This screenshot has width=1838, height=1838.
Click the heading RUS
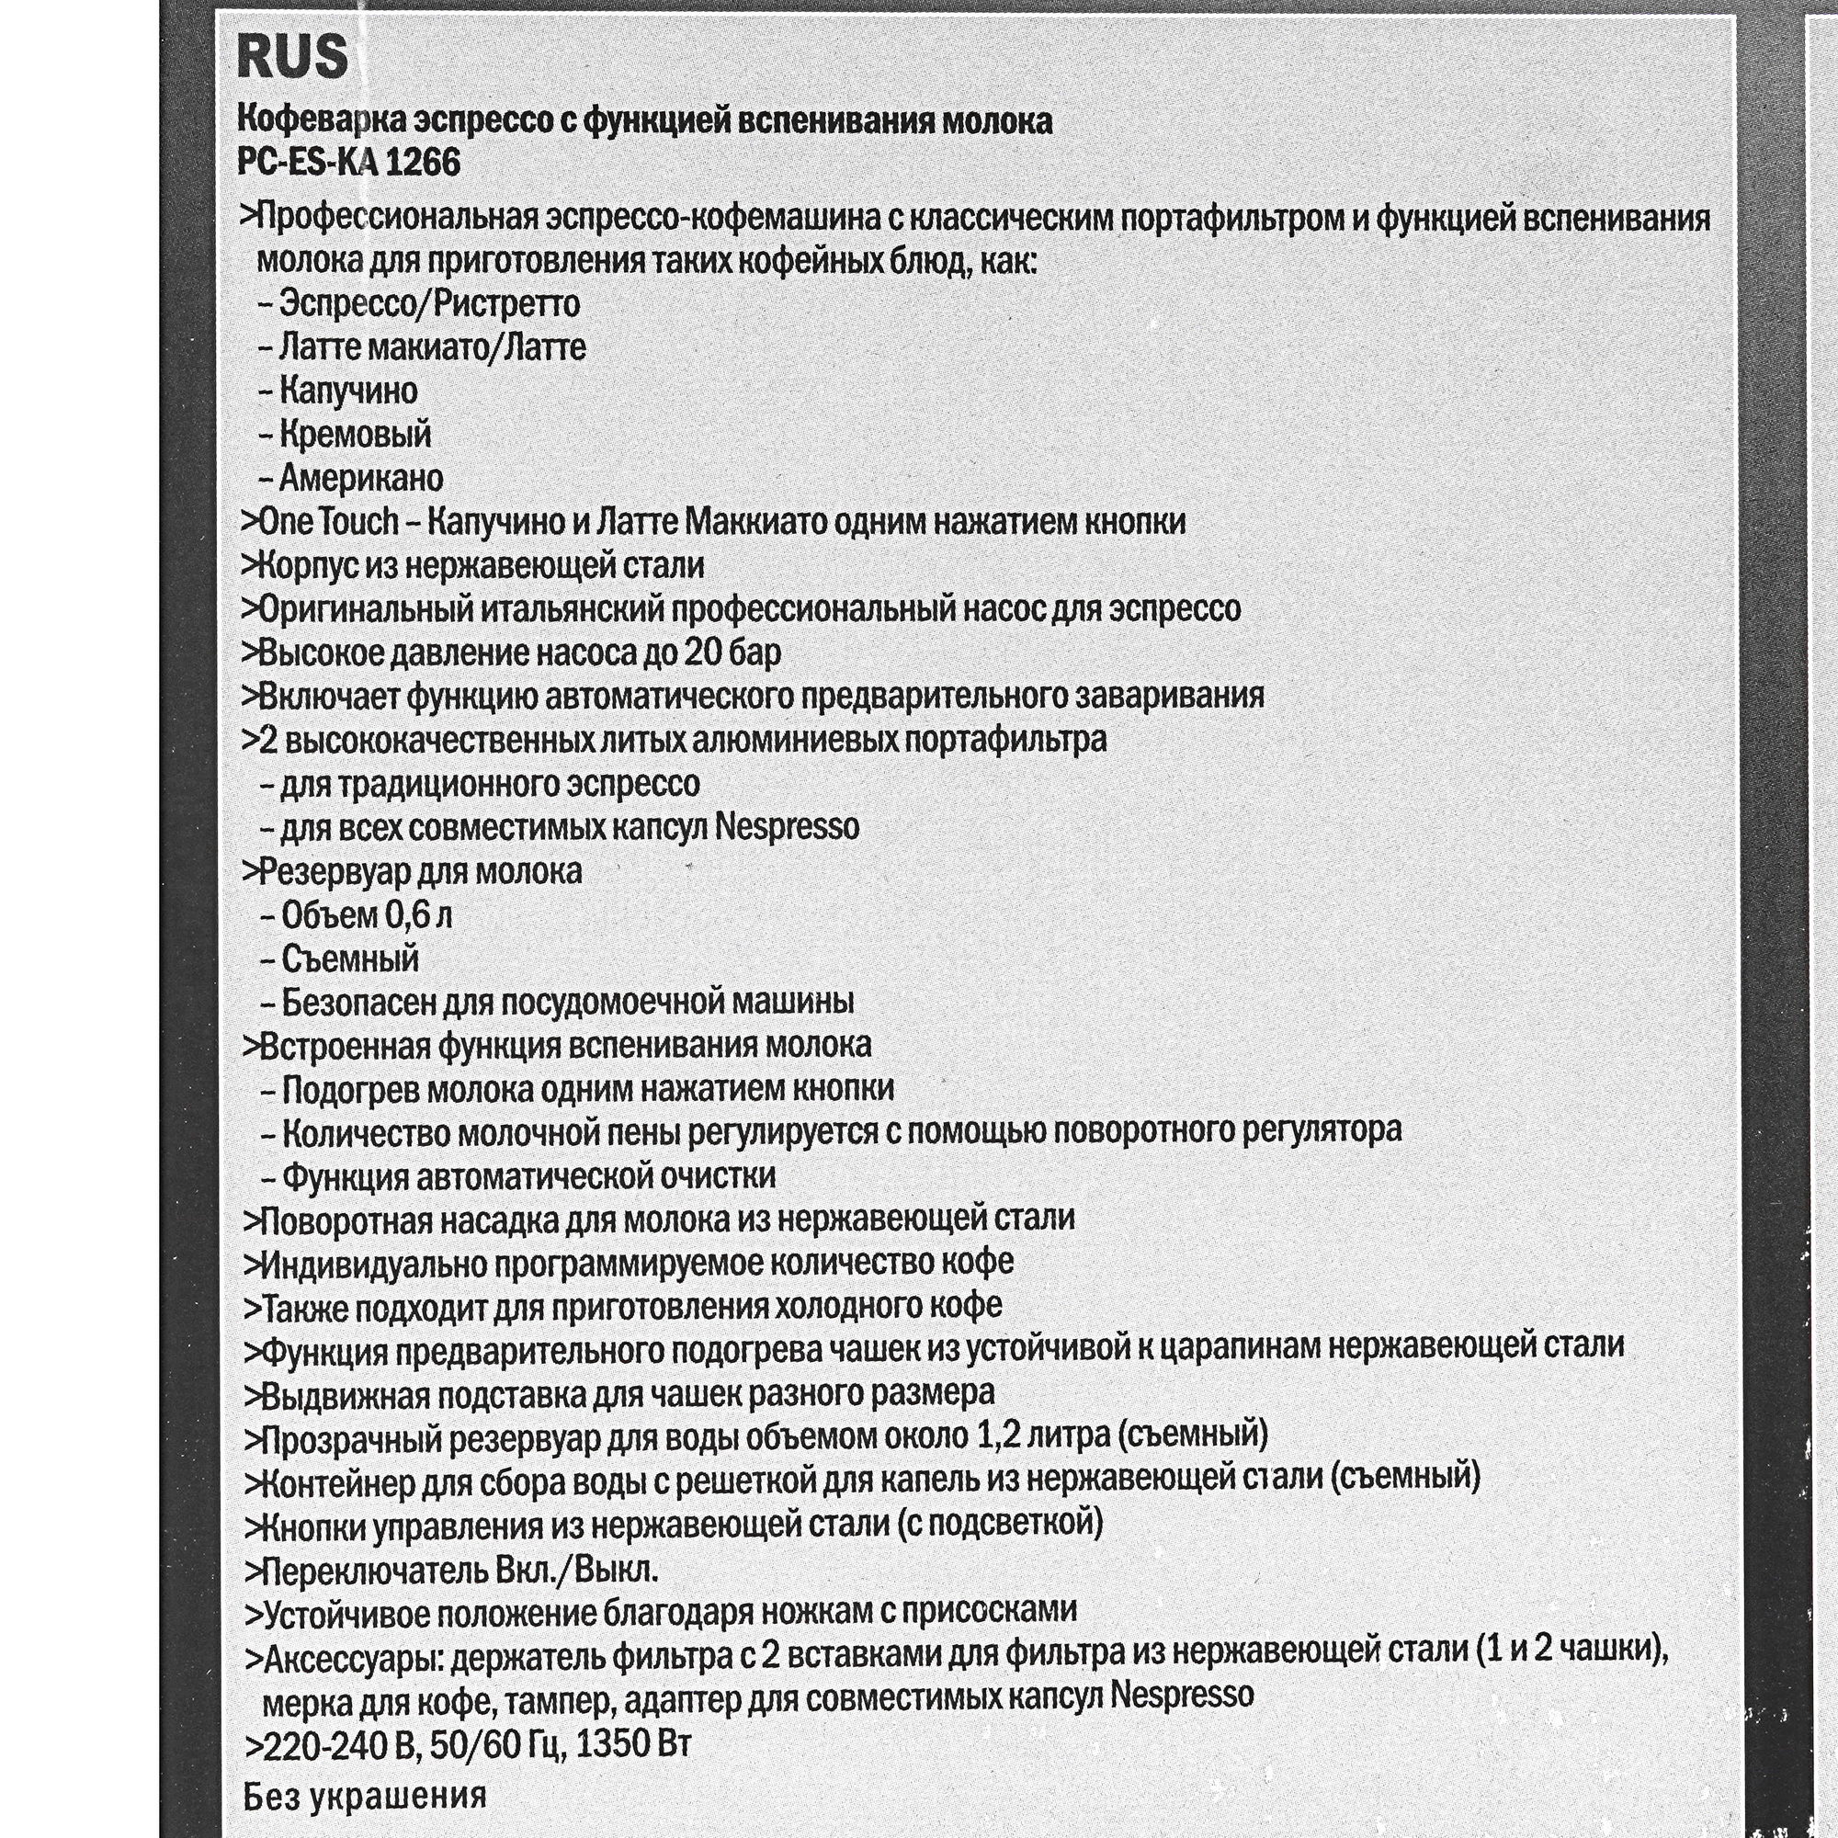coord(292,59)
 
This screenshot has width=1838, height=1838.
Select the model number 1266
coord(424,163)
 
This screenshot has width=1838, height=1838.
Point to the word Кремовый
coord(355,435)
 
